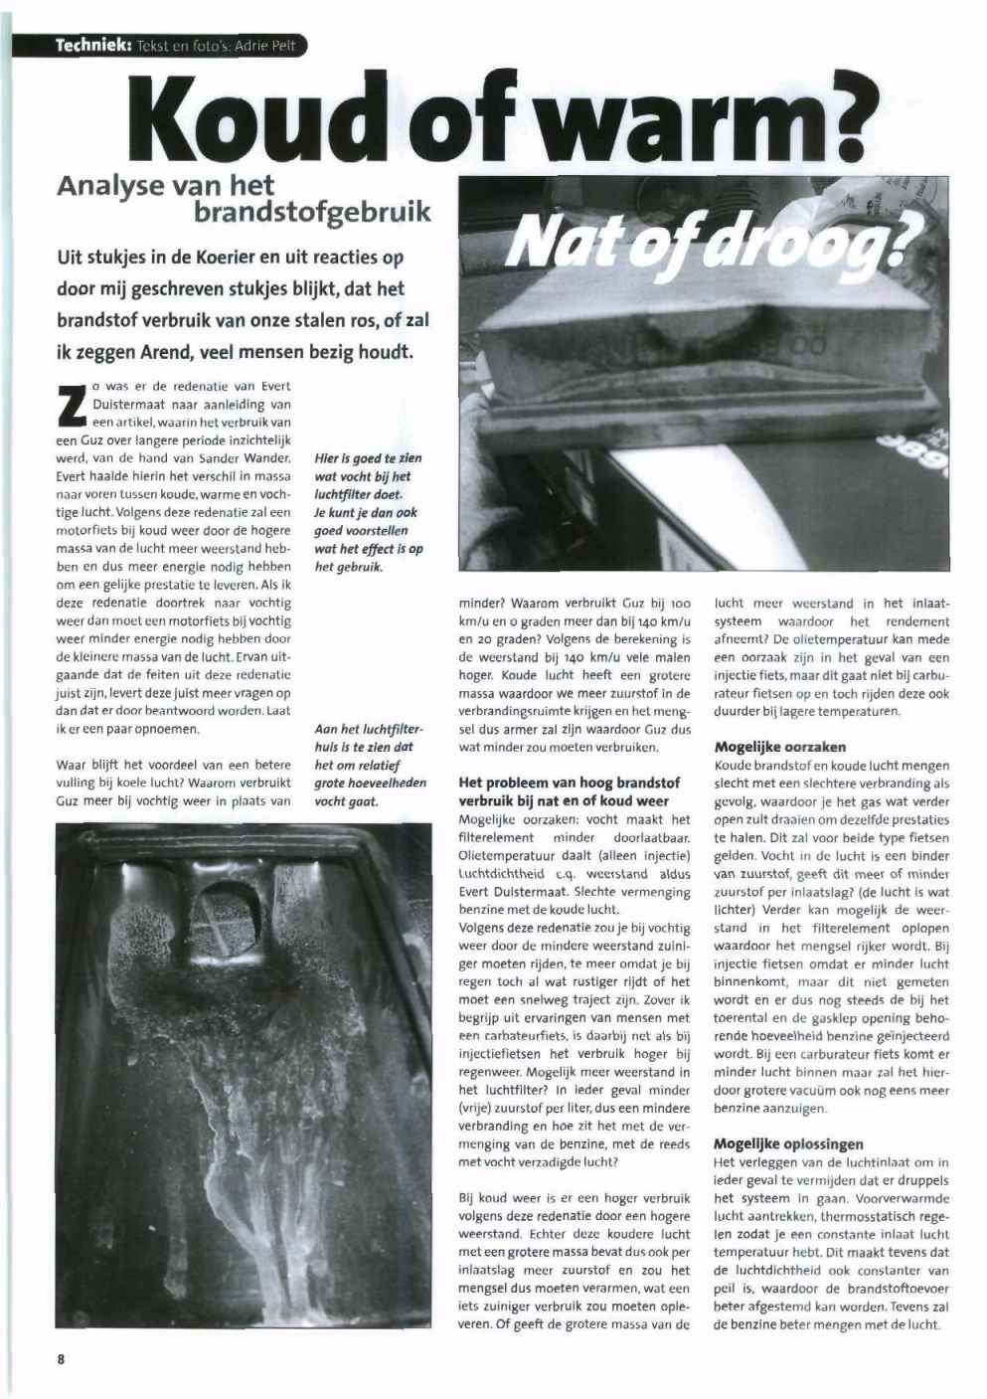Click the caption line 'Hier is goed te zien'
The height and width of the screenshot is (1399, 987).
(x=368, y=458)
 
